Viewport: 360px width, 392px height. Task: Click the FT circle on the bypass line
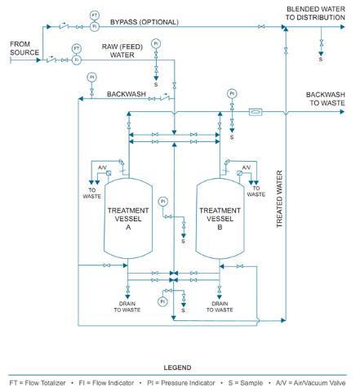pyautogui.click(x=95, y=16)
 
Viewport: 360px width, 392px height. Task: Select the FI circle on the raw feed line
pyautogui.click(x=77, y=60)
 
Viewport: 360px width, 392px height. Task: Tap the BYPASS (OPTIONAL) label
pyautogui.click(x=144, y=22)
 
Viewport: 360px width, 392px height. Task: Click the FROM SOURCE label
pyautogui.click(x=24, y=48)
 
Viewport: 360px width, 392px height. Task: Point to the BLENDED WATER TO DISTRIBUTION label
pyautogui.click(x=315, y=13)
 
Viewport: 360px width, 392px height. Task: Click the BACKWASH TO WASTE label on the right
pyautogui.click(x=326, y=99)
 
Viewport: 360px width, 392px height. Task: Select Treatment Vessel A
pyautogui.click(x=128, y=218)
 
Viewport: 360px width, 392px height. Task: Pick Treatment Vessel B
pyautogui.click(x=220, y=218)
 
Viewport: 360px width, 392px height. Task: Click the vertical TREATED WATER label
pyautogui.click(x=279, y=199)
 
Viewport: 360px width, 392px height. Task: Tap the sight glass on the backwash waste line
pyautogui.click(x=256, y=112)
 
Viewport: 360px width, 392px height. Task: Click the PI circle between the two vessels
pyautogui.click(x=163, y=202)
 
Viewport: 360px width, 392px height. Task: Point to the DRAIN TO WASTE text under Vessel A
pyautogui.click(x=127, y=306)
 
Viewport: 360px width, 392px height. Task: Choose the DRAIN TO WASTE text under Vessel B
pyautogui.click(x=220, y=306)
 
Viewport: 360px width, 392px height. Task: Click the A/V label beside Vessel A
pyautogui.click(x=102, y=167)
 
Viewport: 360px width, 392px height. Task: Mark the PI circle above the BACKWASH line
pyautogui.click(x=91, y=78)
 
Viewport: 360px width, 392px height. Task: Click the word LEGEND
pyautogui.click(x=177, y=367)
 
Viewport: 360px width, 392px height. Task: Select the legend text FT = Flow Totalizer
pyautogui.click(x=38, y=383)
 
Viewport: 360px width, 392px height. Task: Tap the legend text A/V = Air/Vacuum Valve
pyautogui.click(x=310, y=383)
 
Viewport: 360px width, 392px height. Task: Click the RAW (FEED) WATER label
pyautogui.click(x=122, y=51)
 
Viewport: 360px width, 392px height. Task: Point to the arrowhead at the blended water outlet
pyautogui.click(x=343, y=27)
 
